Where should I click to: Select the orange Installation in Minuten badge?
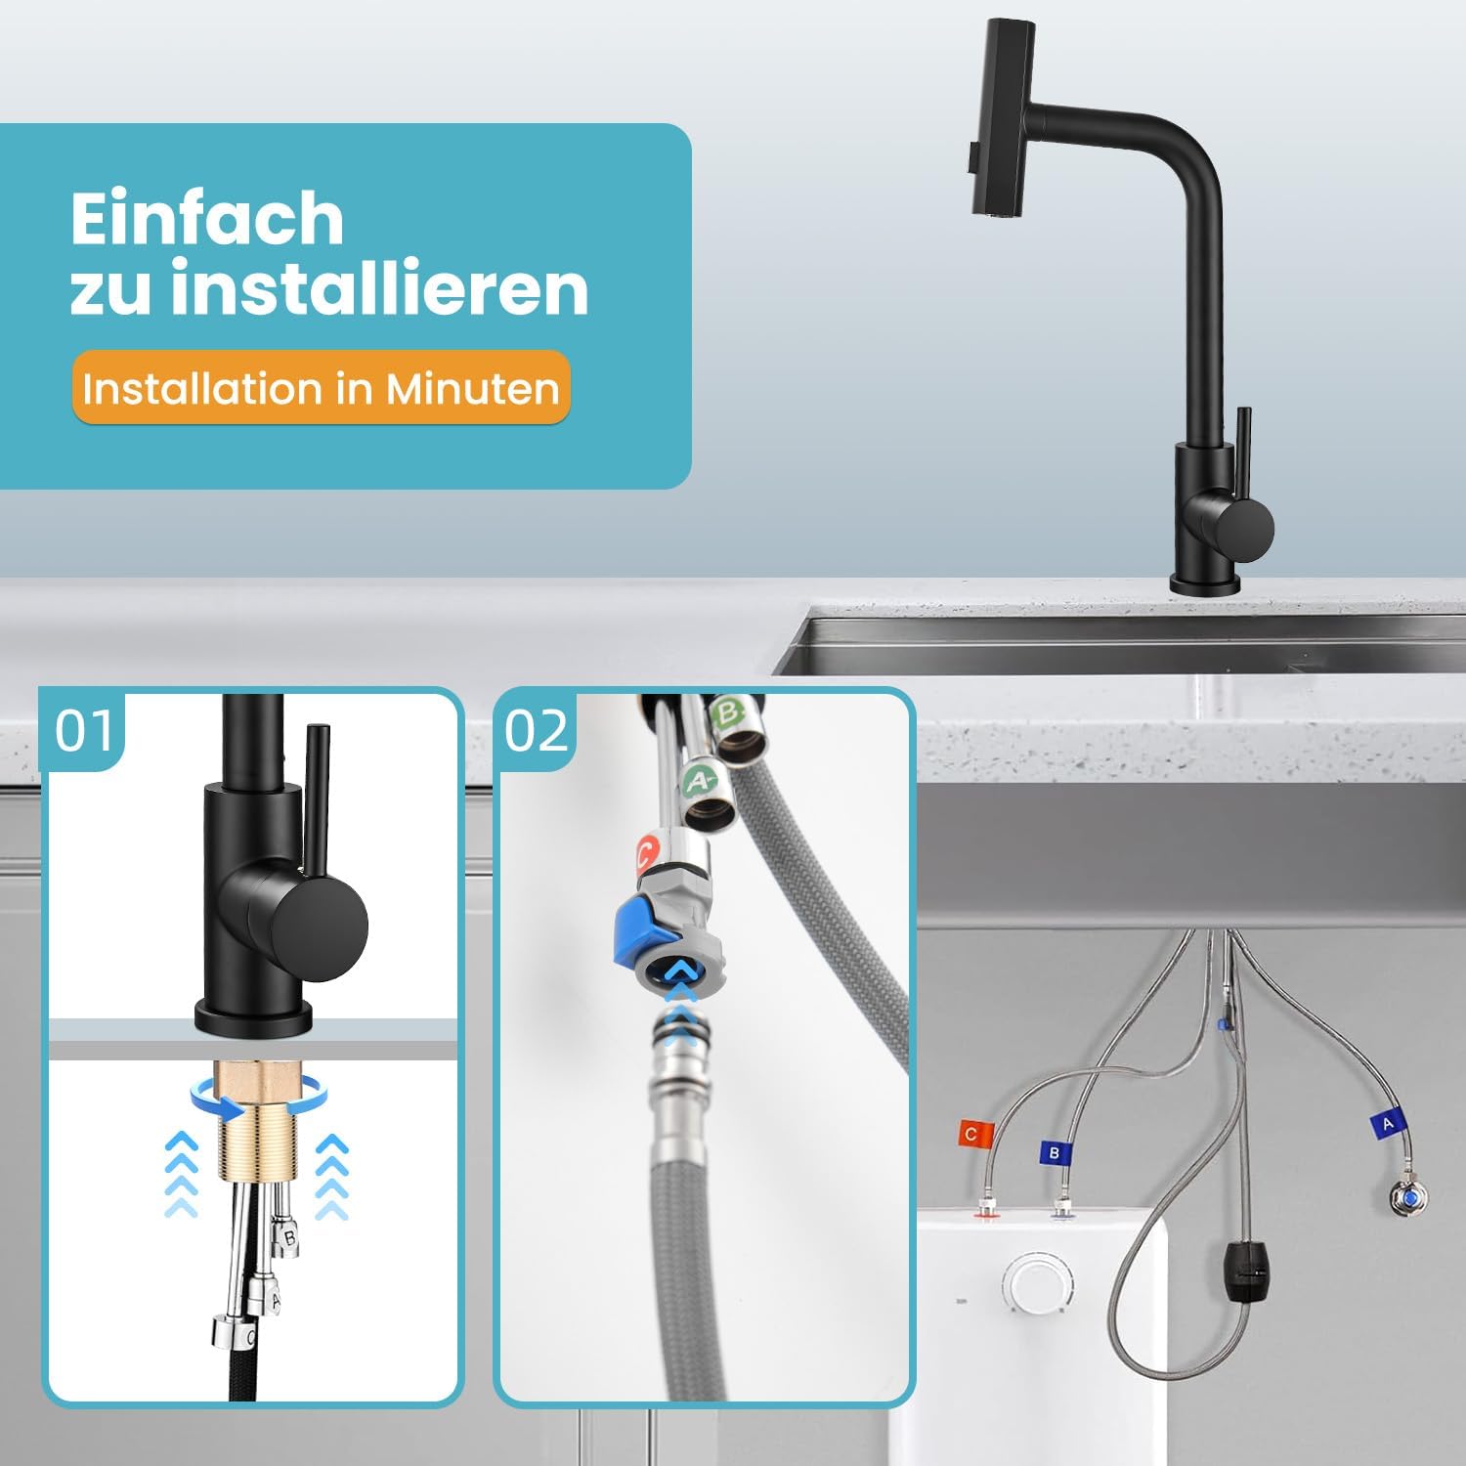click(321, 388)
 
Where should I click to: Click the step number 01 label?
click(84, 731)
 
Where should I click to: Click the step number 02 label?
click(536, 731)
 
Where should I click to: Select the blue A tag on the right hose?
click(1386, 1125)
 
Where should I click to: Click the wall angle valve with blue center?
click(1410, 1197)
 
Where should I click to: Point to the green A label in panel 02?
click(699, 780)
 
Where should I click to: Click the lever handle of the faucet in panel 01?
click(318, 806)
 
